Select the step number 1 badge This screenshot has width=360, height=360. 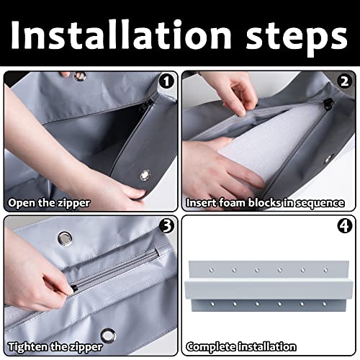coord(166,82)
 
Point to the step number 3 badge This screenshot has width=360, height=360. coord(166,226)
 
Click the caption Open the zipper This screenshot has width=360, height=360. coord(48,202)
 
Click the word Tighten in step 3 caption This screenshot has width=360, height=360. coord(27,346)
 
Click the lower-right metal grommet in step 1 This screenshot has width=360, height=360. coord(145,174)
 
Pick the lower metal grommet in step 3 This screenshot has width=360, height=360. coord(109,334)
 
